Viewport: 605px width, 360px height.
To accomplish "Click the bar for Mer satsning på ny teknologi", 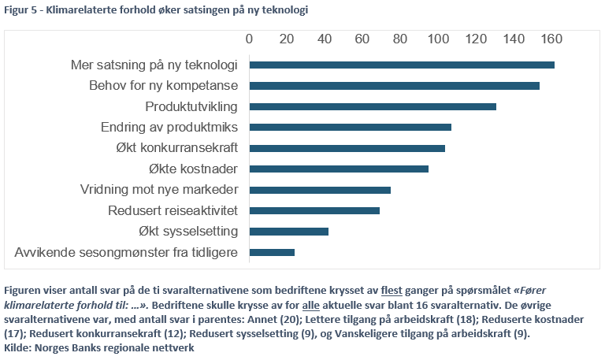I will click(x=402, y=65).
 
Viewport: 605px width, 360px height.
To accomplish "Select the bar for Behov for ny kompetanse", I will click(x=394, y=85).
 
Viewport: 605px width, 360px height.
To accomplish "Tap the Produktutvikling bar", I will click(x=373, y=106).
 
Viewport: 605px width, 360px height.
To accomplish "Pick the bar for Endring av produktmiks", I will click(x=350, y=127).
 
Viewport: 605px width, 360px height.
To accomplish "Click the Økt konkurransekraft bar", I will click(x=347, y=148).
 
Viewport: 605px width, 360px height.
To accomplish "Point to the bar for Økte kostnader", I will click(x=339, y=169).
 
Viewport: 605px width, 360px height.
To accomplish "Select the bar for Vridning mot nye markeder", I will click(x=320, y=190).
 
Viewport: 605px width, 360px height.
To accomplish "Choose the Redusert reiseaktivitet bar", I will click(x=314, y=210).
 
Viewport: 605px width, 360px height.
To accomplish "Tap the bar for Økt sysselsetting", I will click(x=288, y=232).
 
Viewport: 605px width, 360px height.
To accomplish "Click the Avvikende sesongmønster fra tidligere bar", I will click(x=272, y=252).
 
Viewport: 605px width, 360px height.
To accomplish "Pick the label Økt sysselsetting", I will click(x=187, y=232).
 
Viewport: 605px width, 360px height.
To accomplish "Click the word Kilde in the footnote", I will click(x=17, y=347).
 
